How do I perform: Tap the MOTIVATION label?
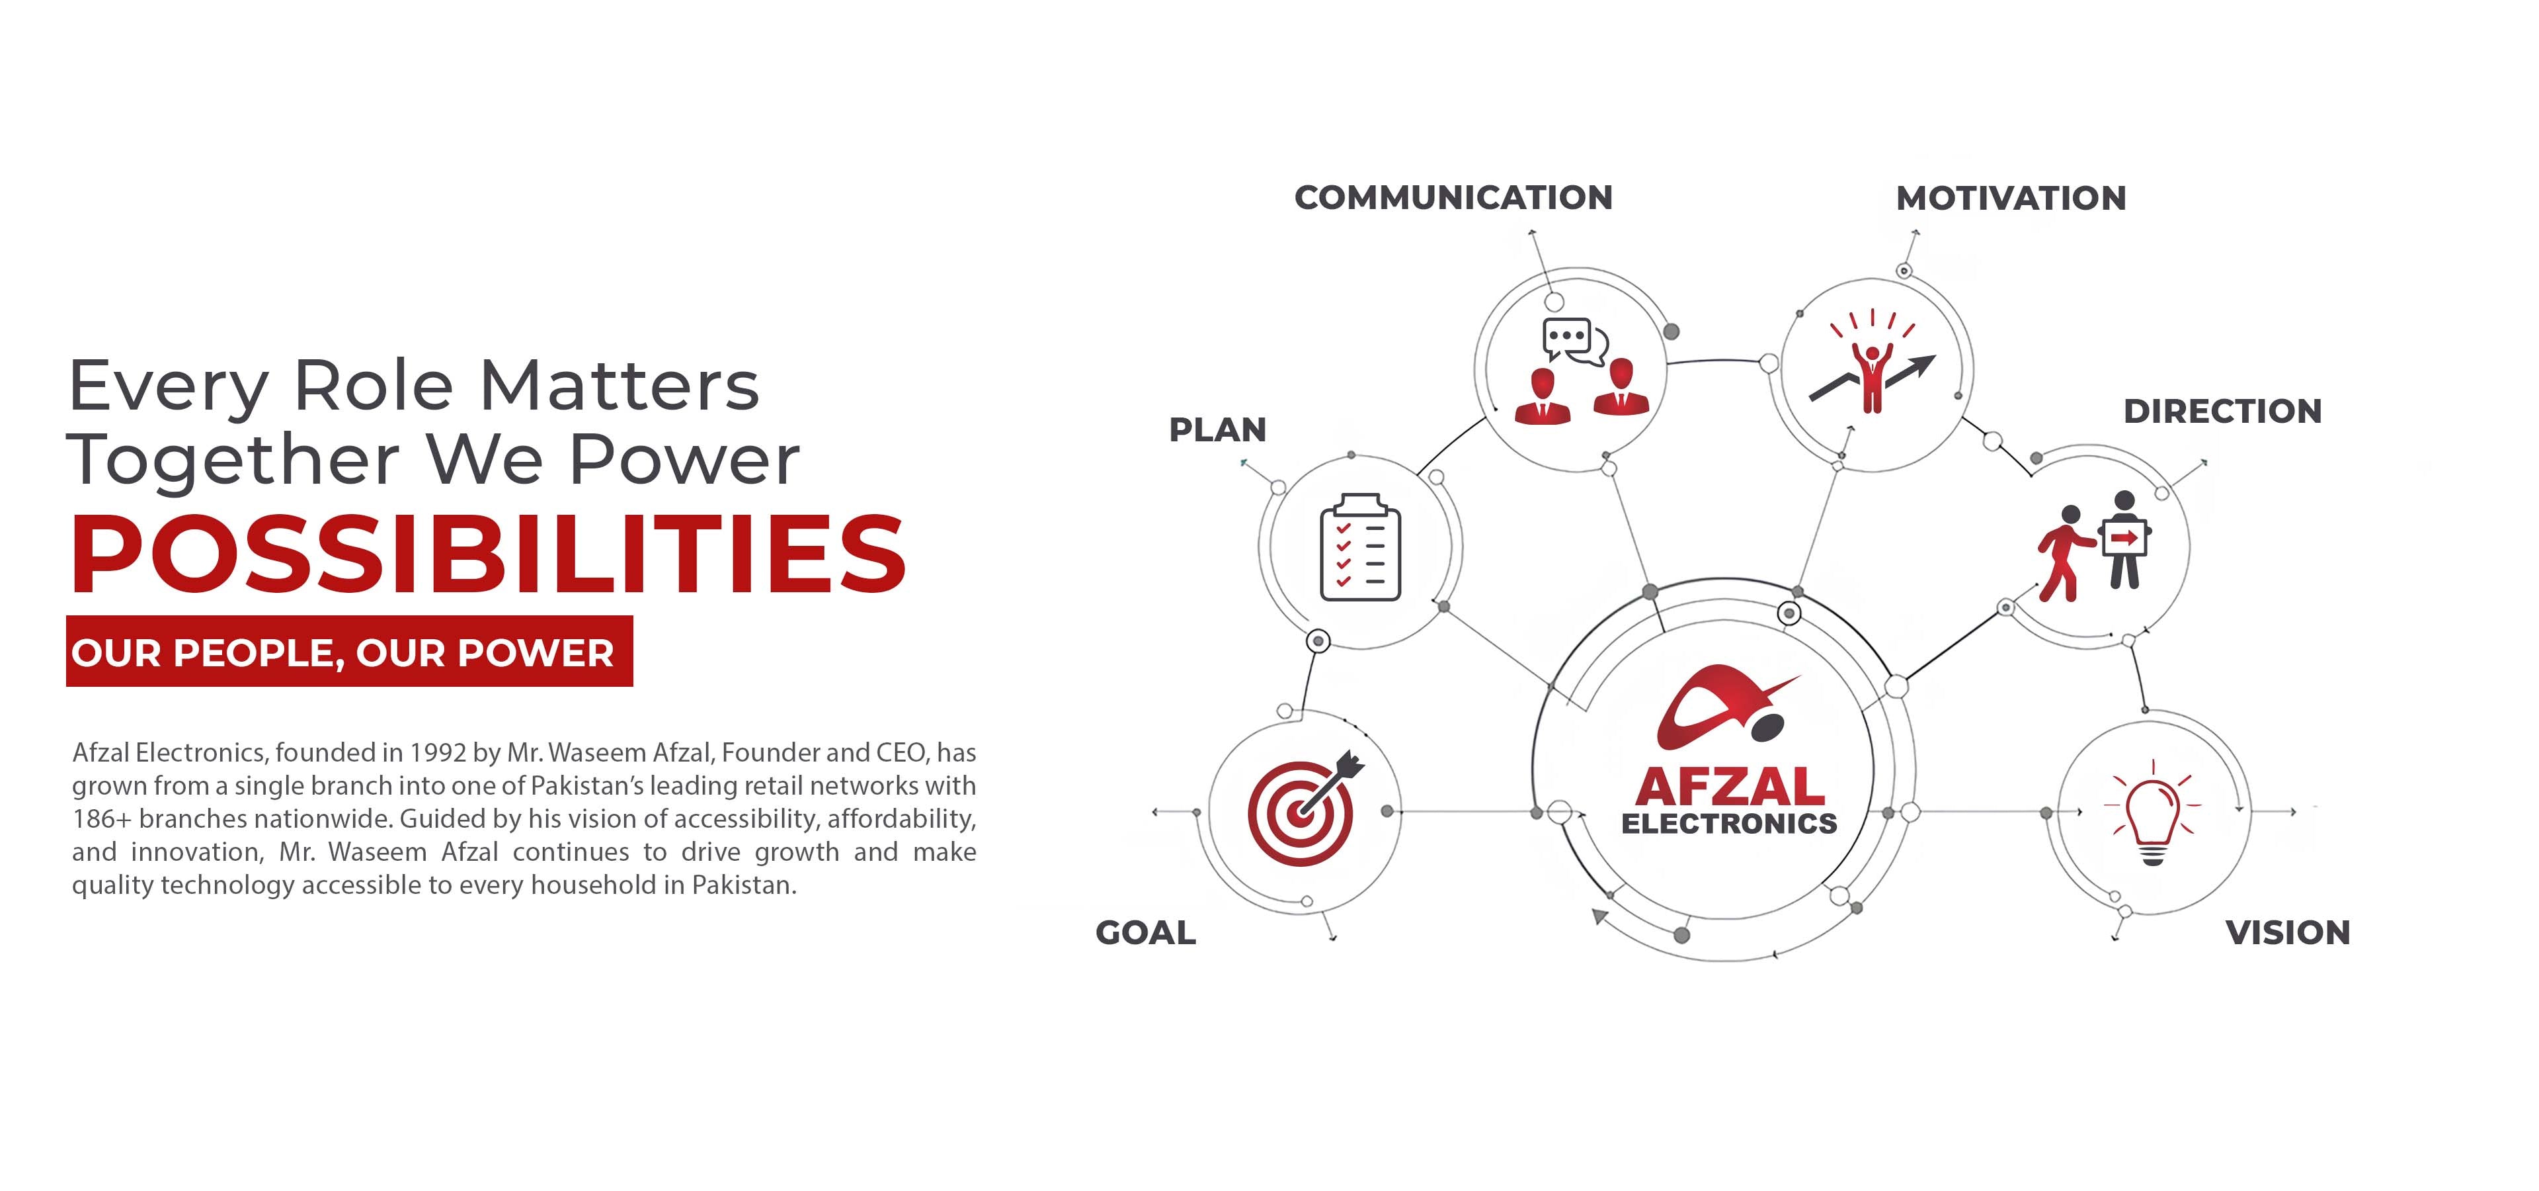2011,198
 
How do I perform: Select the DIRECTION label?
2222,411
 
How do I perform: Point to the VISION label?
2288,933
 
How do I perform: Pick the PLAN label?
1217,430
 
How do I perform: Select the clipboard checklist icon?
1360,547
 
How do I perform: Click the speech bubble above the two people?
1574,340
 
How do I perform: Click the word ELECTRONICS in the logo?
1730,823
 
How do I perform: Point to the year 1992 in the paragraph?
438,753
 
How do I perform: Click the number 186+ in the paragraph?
102,819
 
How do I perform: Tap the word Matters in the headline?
620,386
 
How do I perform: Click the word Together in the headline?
233,461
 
